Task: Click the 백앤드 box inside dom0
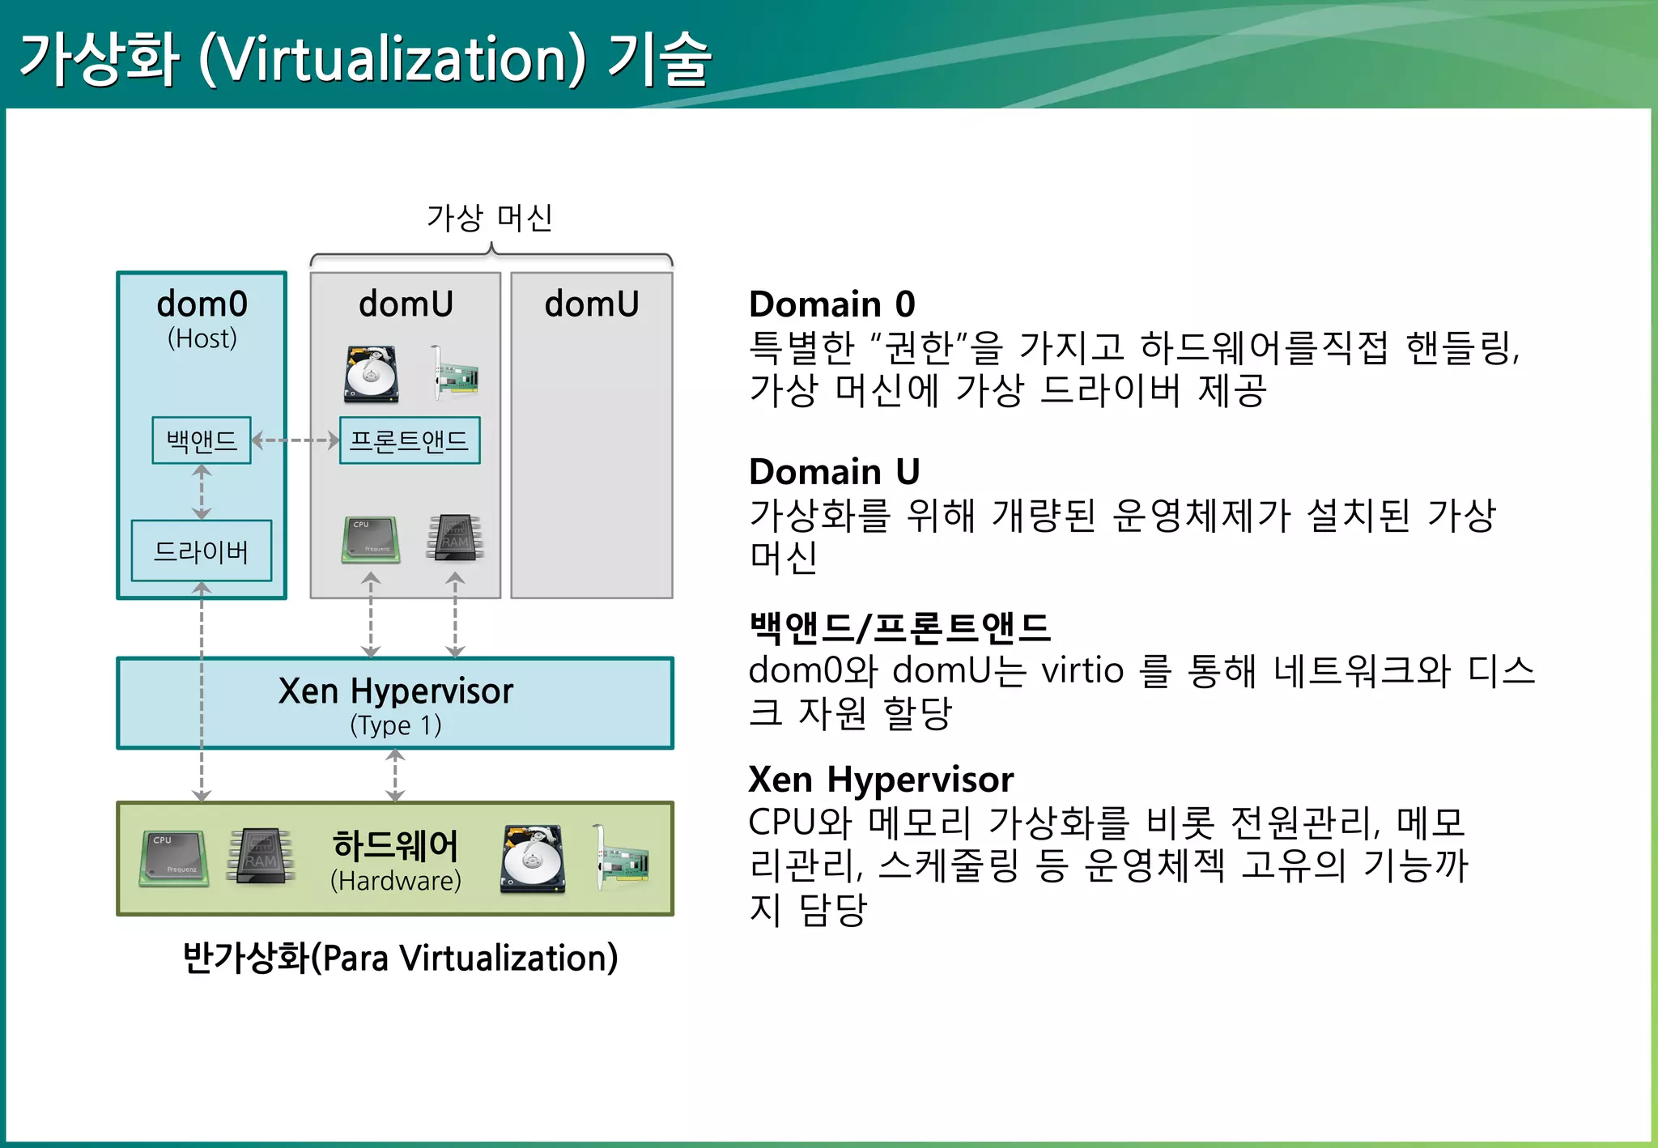point(202,440)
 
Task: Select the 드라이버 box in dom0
point(202,551)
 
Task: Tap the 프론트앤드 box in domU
point(410,440)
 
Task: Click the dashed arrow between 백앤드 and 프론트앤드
point(295,440)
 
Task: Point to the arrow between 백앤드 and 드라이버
point(202,491)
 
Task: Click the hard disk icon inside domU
point(372,374)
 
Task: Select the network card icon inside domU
point(454,373)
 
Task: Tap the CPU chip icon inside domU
point(371,539)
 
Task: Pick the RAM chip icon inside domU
point(455,538)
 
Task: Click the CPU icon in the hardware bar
point(173,857)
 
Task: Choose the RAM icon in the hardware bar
point(261,855)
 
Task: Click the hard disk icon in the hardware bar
point(532,859)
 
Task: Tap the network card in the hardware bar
point(621,858)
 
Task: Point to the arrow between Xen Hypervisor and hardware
point(395,775)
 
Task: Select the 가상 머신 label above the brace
point(490,218)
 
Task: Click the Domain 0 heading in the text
point(832,304)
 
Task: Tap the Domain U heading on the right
point(835,471)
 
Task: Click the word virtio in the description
point(1082,670)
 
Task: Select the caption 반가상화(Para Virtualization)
point(400,958)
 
